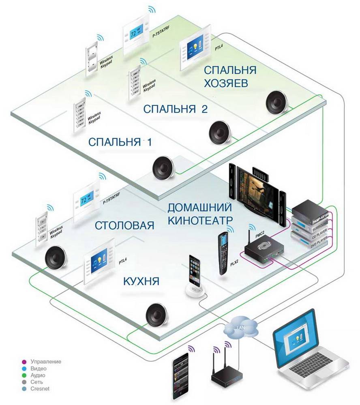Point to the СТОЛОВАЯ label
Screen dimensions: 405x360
[x=124, y=225]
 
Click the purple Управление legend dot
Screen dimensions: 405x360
[x=24, y=361]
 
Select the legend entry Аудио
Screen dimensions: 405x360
[x=41, y=375]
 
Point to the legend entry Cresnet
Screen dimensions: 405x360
[x=43, y=389]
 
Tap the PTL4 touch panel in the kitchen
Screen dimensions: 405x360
[x=97, y=267]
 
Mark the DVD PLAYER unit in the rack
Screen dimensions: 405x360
[x=311, y=245]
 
